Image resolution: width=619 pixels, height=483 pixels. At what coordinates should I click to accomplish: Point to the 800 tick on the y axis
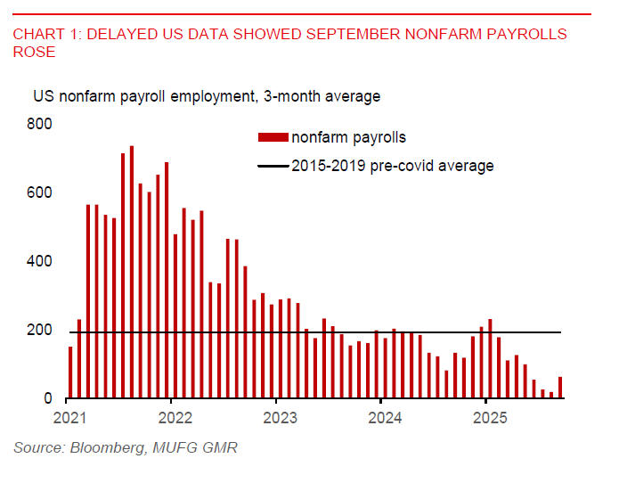44,124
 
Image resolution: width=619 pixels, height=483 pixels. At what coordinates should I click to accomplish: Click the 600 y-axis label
44,192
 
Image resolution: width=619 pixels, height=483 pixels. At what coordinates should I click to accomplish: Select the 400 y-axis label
44,262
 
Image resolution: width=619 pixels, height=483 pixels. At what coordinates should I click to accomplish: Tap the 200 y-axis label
44,331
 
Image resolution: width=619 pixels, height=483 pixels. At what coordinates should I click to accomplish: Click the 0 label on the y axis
51,399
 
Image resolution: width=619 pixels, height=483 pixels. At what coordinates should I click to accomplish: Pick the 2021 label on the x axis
69,417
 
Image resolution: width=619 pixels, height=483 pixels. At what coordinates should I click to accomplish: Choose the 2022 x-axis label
175,417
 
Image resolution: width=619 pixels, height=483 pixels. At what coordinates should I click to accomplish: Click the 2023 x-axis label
280,417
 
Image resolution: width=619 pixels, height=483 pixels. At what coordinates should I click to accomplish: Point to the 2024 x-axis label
385,417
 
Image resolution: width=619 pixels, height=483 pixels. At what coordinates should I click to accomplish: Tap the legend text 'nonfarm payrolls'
348,137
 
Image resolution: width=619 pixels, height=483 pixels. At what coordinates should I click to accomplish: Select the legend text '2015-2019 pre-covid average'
392,166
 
